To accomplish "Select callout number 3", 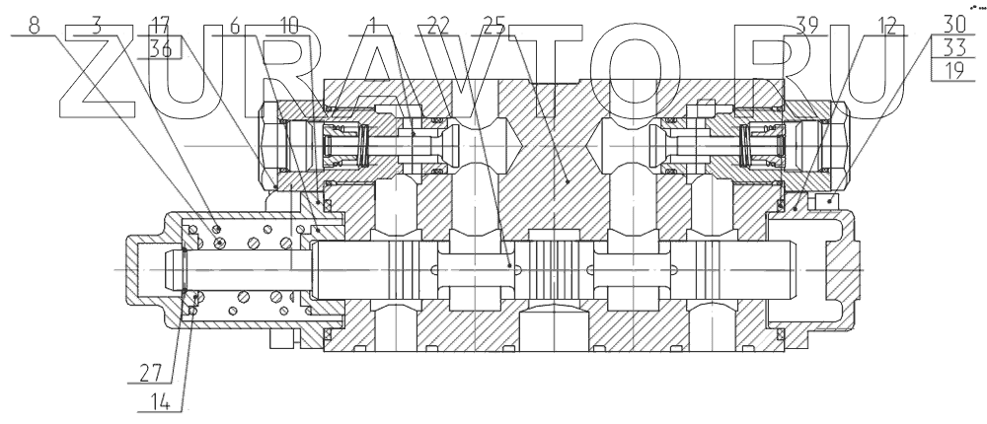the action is pyautogui.click(x=97, y=27).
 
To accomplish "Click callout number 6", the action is pyautogui.click(x=234, y=27).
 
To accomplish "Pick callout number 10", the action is pyautogui.click(x=287, y=27).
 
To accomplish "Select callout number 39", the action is pyautogui.click(x=807, y=27).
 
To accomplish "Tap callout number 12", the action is pyautogui.click(x=889, y=27).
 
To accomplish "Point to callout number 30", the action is pyautogui.click(x=953, y=23).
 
